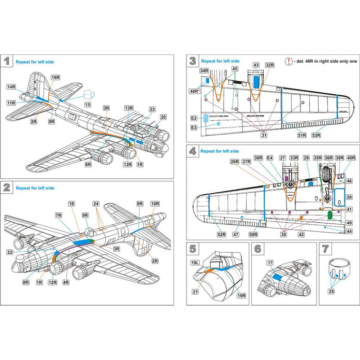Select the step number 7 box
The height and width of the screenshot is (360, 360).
point(325,249)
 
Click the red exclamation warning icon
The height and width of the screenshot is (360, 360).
point(289,61)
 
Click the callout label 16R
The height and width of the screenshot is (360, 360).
point(55,77)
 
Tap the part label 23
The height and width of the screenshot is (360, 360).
point(152,109)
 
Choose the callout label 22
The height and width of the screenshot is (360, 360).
point(10,252)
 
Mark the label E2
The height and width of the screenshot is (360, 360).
point(194,118)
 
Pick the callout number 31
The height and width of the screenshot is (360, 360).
point(264,135)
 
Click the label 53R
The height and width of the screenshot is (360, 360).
point(316,135)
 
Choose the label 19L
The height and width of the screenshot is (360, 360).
point(195,263)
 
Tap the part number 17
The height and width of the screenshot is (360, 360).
point(269,263)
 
